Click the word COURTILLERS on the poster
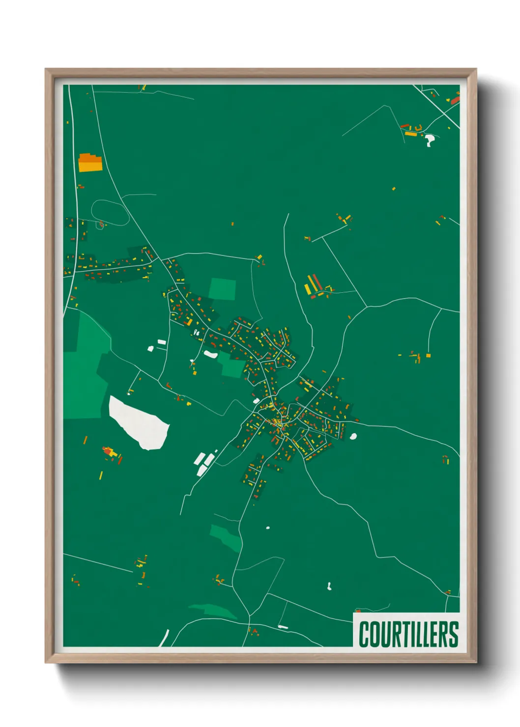coord(408,634)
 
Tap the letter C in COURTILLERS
coord(365,634)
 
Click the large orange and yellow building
coord(90,163)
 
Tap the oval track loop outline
coord(110,213)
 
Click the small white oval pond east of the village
coord(353,436)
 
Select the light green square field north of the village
coord(222,289)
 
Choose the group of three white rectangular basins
coord(204,463)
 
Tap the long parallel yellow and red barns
coord(313,285)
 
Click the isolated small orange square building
coord(428,355)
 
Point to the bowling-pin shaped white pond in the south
coord(329,586)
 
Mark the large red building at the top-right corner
coord(455,100)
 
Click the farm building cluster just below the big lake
coord(112,453)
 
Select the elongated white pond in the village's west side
coord(210,354)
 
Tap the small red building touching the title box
coord(358,611)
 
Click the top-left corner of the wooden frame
coord(46,69)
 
